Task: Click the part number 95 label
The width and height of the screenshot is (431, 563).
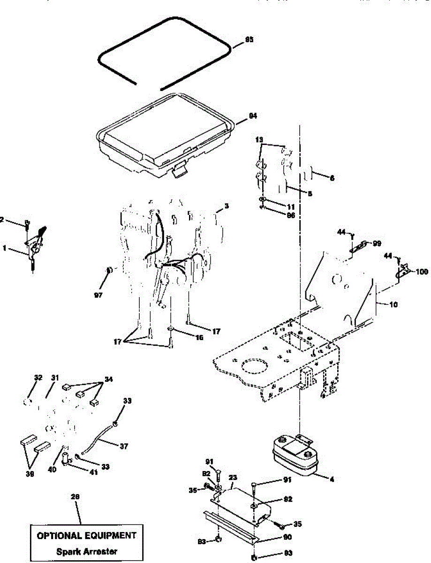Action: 249,40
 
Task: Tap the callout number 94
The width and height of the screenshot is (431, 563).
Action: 253,115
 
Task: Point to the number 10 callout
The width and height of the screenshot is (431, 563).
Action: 393,305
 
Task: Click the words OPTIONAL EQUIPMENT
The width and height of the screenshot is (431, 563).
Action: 87,535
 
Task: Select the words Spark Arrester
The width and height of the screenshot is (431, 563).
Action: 87,551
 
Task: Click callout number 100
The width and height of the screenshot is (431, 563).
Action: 422,272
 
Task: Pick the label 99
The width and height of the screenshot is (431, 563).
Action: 377,243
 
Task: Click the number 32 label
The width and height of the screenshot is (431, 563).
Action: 38,378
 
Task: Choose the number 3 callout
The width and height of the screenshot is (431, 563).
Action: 226,206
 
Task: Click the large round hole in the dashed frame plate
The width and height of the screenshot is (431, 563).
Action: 254,366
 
